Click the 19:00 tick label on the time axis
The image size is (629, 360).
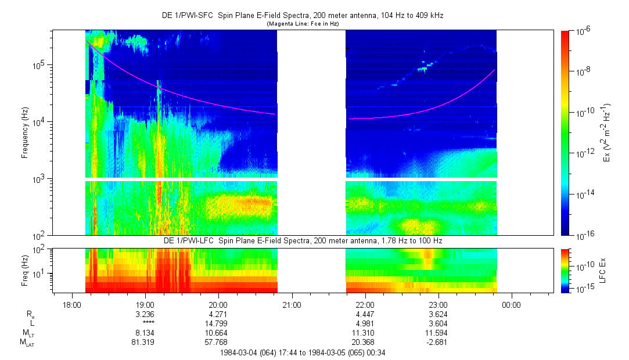pos(145,304)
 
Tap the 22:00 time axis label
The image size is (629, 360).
pos(365,304)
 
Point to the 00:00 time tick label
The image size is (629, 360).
pos(511,304)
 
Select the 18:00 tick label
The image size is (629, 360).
pos(71,304)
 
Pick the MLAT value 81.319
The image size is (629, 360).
pos(145,343)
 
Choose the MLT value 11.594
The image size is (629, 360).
pos(438,333)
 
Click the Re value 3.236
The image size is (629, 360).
pos(145,314)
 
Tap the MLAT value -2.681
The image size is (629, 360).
pos(438,343)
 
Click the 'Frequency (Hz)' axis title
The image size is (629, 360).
pos(25,133)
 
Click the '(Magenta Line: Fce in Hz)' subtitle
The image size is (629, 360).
pos(302,24)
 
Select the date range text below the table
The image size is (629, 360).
pos(301,352)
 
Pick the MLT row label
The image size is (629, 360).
pos(27,333)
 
